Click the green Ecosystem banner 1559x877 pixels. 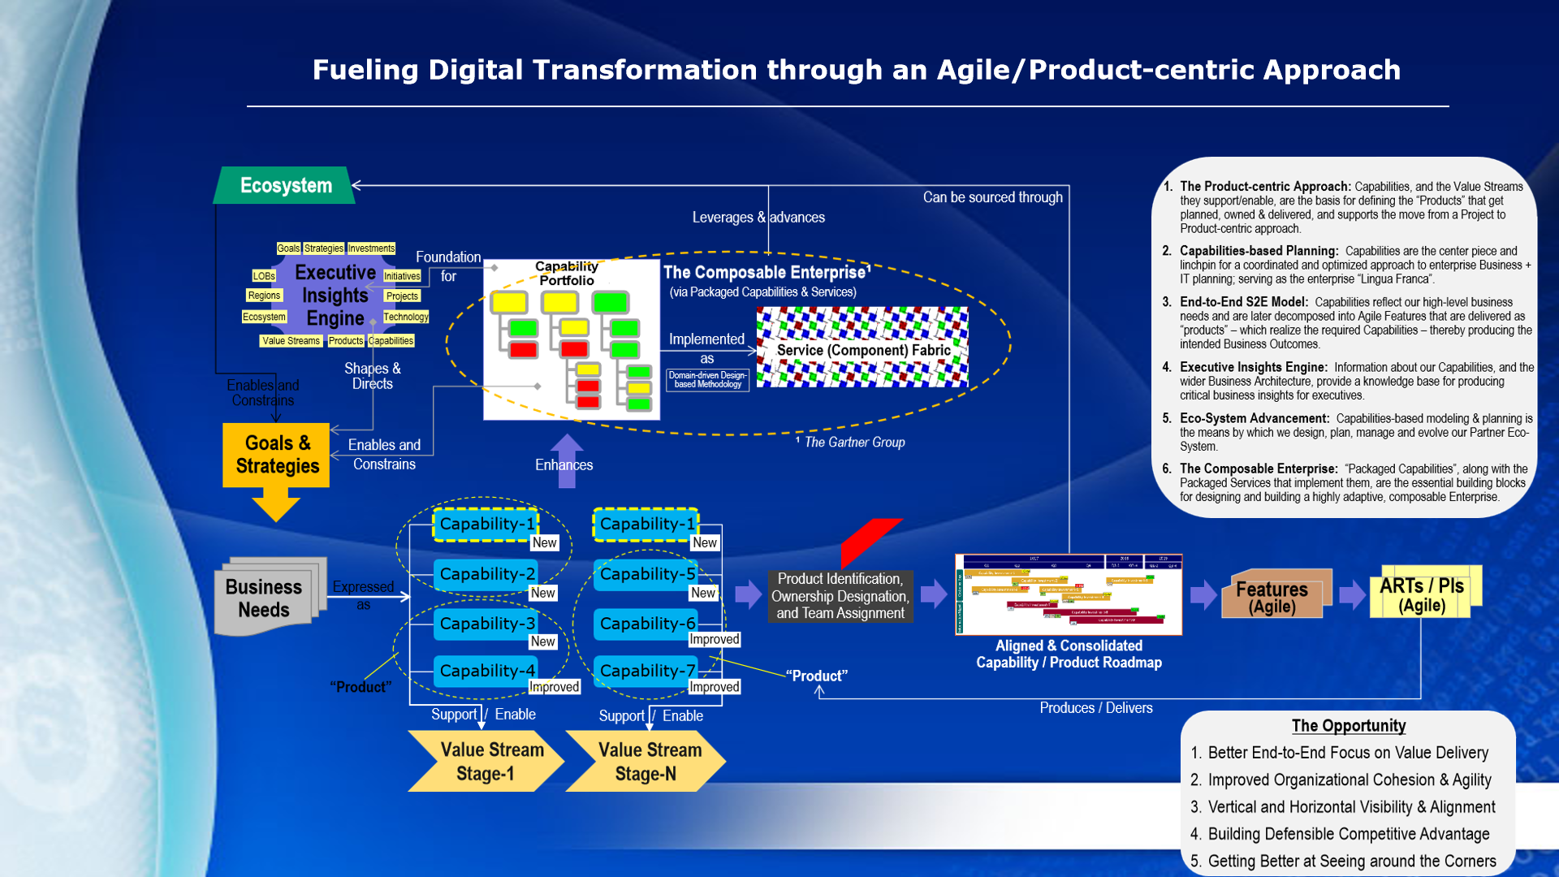[285, 186]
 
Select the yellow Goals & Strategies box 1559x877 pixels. [276, 455]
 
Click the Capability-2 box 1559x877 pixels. [486, 574]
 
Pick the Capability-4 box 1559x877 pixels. [486, 671]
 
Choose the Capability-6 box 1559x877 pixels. [646, 624]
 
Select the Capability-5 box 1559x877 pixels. [646, 574]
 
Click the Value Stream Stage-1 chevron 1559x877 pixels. [486, 761]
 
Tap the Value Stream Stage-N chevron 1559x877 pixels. [646, 761]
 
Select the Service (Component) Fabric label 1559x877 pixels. [863, 350]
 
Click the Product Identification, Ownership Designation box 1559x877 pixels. [840, 596]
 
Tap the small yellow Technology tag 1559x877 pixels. [406, 317]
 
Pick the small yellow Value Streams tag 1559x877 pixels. [291, 341]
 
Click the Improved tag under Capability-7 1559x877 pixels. [715, 687]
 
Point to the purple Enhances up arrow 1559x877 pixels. [567, 460]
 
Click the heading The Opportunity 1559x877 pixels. [1349, 726]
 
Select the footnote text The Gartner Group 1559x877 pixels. [854, 443]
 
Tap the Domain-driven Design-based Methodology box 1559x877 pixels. [707, 380]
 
